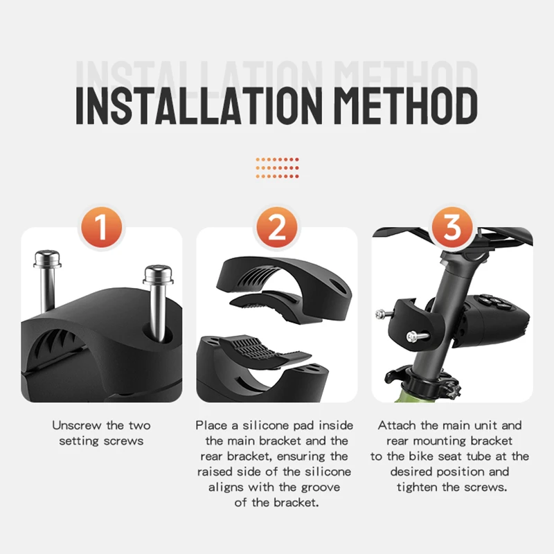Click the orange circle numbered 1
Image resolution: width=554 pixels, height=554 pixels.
coord(102,227)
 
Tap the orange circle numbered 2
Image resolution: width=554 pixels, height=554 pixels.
coord(277,227)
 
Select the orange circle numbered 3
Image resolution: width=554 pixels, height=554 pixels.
coord(452,227)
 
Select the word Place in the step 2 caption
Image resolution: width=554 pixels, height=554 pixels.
coord(211,425)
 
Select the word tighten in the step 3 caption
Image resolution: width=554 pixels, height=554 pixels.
coord(420,487)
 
